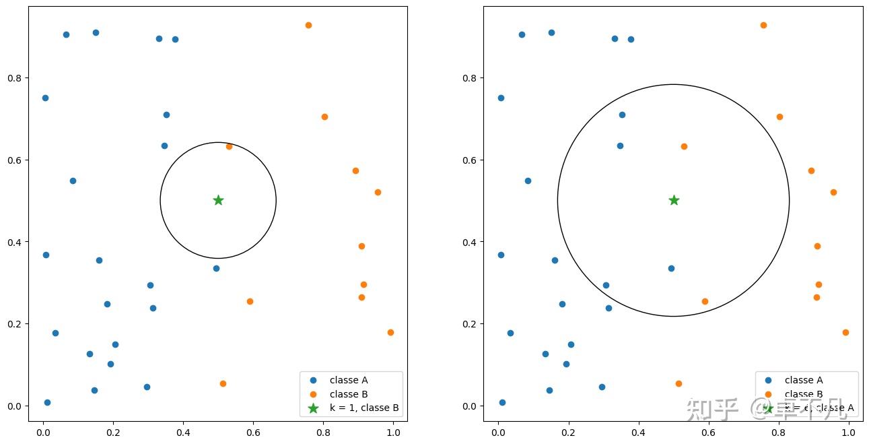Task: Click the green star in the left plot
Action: coord(218,200)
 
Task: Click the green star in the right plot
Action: coord(674,200)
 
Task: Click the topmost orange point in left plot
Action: coord(308,26)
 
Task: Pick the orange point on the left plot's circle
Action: coord(229,146)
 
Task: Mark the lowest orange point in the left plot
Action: coord(223,383)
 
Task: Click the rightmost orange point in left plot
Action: coord(390,332)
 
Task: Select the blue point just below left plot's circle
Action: coord(216,268)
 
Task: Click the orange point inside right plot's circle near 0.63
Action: coord(684,146)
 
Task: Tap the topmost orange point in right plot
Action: coord(763,26)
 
